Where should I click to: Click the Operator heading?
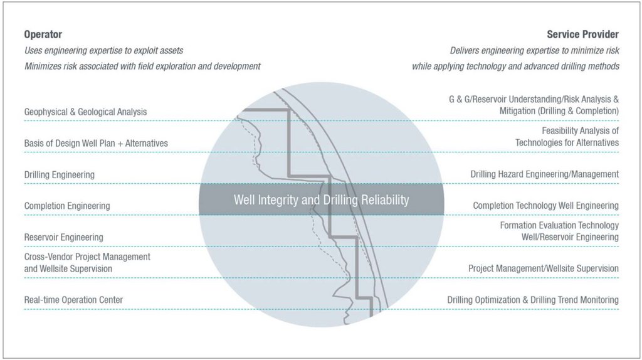click(x=43, y=34)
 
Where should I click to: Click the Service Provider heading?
click(x=582, y=34)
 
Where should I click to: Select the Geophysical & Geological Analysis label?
click(x=85, y=112)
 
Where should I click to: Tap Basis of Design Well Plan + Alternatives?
click(x=96, y=143)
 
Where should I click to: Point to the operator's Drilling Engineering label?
click(x=59, y=174)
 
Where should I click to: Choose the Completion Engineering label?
click(x=66, y=206)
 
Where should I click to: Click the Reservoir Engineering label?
click(x=63, y=237)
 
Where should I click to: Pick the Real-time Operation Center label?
click(x=73, y=300)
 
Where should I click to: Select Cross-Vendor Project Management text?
click(x=87, y=257)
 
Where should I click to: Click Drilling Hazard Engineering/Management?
click(x=544, y=174)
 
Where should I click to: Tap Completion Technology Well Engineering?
click(x=545, y=206)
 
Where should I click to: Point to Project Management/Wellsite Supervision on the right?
click(x=543, y=268)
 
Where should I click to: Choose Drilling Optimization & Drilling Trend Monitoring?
click(x=532, y=300)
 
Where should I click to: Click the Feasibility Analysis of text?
click(x=580, y=131)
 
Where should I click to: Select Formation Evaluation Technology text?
click(x=559, y=225)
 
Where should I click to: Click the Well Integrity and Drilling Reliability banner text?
click(x=321, y=200)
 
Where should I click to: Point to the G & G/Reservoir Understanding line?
click(x=534, y=99)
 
